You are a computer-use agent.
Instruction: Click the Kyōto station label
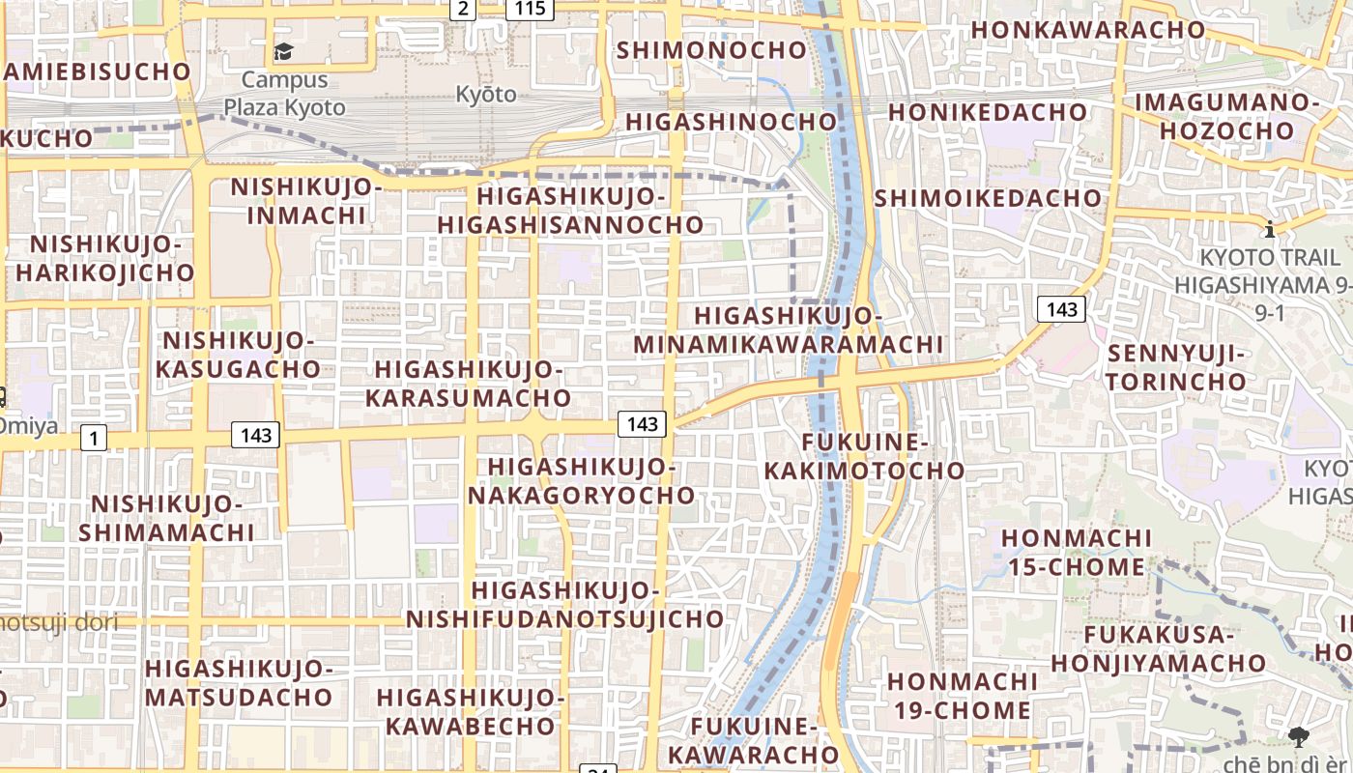[486, 94]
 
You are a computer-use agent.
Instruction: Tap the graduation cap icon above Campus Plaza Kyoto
[283, 51]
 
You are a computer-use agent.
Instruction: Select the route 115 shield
[530, 9]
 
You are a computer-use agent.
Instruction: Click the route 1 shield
[93, 439]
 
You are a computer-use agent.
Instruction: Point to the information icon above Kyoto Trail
[1269, 230]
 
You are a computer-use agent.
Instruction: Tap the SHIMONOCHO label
[711, 49]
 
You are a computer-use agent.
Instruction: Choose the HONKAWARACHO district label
[1088, 29]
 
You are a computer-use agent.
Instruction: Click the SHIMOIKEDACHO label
[988, 198]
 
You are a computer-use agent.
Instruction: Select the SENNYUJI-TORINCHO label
[1176, 367]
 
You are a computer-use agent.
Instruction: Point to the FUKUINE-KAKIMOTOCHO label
[864, 456]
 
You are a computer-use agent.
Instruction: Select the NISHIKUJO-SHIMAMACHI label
[166, 518]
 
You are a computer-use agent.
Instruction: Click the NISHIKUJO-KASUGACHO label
[238, 354]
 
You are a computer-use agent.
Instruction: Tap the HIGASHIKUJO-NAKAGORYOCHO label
[582, 480]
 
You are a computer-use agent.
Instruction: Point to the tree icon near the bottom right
[1298, 737]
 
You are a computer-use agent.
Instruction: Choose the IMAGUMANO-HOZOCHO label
[1226, 116]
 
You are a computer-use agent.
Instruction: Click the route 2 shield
[463, 9]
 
